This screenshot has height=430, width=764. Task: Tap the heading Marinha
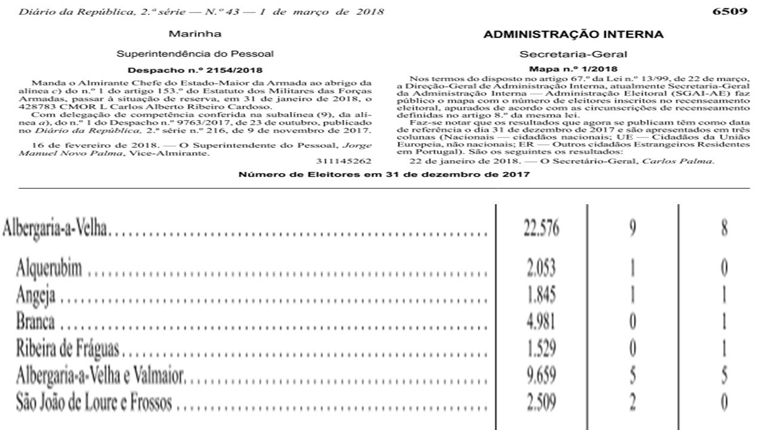coord(195,34)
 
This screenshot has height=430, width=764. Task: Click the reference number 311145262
coord(344,161)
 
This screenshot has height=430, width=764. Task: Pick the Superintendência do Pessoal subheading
coord(195,54)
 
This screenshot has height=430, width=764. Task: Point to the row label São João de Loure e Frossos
coord(94,403)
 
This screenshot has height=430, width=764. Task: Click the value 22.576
coord(541,229)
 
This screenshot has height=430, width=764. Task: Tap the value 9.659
coord(541,376)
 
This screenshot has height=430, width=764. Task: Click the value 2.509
coord(541,403)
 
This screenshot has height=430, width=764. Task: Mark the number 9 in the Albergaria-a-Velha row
coord(632,229)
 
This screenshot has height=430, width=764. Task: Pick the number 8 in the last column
coord(723,229)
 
